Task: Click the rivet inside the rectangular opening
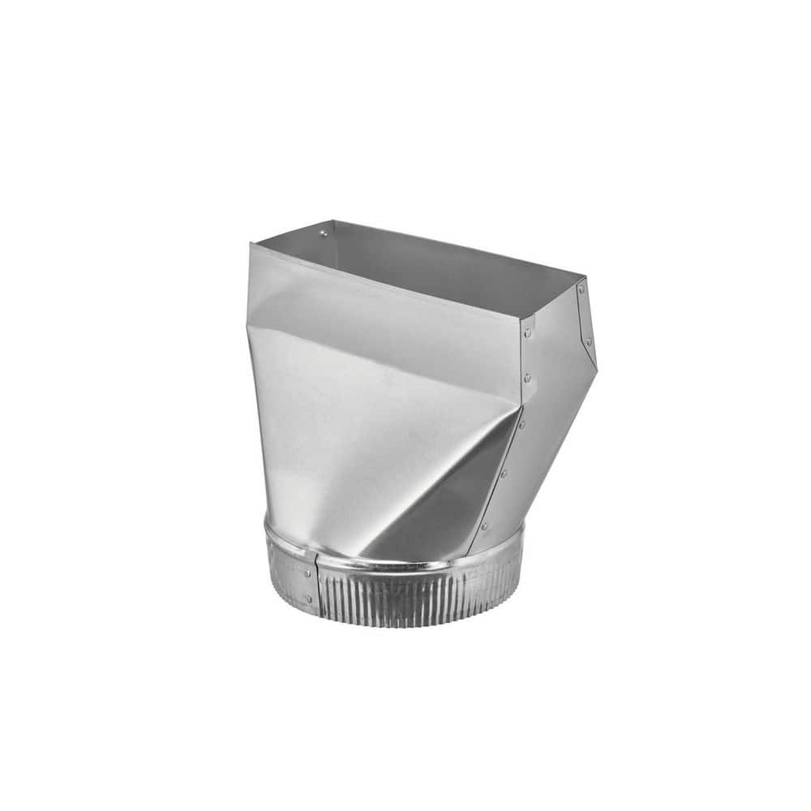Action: coord(324,234)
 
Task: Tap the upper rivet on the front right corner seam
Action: coord(527,333)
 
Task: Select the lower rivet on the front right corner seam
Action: coord(527,377)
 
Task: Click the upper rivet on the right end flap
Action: coord(581,290)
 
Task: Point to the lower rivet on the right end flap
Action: coord(589,341)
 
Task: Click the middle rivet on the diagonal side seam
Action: coord(503,474)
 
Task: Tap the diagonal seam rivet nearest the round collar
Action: coord(485,526)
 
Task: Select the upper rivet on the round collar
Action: coord(307,573)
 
